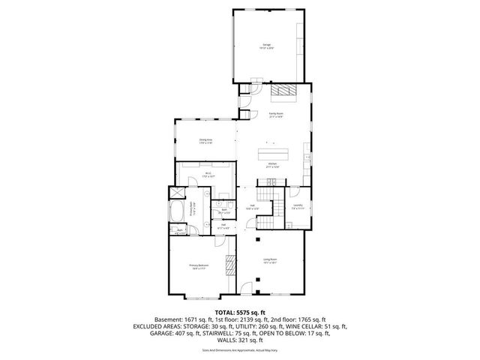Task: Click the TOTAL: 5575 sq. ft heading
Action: pyautogui.click(x=240, y=311)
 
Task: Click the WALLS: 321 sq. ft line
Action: pyautogui.click(x=240, y=341)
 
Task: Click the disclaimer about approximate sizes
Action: pyautogui.click(x=240, y=350)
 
